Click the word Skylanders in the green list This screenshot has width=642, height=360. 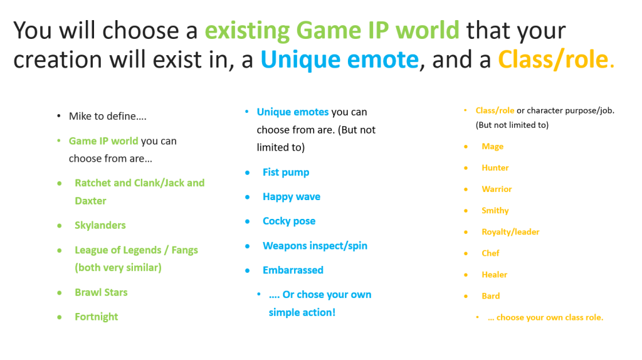pyautogui.click(x=100, y=225)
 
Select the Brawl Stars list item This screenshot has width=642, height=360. pyautogui.click(x=101, y=292)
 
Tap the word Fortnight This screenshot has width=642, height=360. pyautogui.click(x=96, y=317)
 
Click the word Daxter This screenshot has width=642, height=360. pyautogui.click(x=90, y=201)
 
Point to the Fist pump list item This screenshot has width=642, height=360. pyautogui.click(x=286, y=172)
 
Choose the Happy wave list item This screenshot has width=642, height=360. pyautogui.click(x=292, y=197)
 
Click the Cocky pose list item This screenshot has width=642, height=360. pyautogui.click(x=289, y=221)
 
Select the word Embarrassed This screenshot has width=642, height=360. pyautogui.click(x=293, y=270)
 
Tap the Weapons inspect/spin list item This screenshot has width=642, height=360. pyautogui.click(x=315, y=246)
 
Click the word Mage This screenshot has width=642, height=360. pyautogui.click(x=493, y=147)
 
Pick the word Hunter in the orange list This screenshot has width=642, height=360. pyautogui.click(x=495, y=168)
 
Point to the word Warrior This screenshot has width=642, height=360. pyautogui.click(x=497, y=189)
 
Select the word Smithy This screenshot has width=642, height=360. pyautogui.click(x=495, y=211)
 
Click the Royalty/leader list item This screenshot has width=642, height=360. pyautogui.click(x=510, y=232)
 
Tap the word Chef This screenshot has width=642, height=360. pyautogui.click(x=490, y=253)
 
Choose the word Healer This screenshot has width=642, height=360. pyautogui.click(x=494, y=275)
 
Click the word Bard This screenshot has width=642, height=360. pyautogui.click(x=490, y=295)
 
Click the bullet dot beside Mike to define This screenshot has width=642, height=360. pyautogui.click(x=59, y=116)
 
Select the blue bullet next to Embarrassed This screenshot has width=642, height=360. pyautogui.click(x=247, y=271)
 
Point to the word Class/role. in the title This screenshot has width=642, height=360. pyautogui.click(x=556, y=60)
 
